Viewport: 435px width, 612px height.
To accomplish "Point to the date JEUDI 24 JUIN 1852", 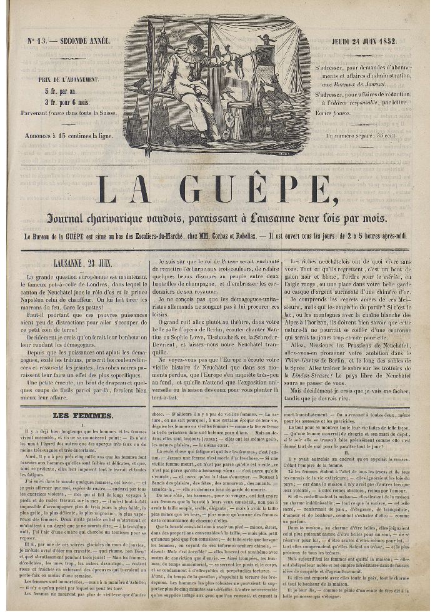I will click(371, 41).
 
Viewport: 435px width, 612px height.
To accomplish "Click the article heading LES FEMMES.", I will click(74, 415).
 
